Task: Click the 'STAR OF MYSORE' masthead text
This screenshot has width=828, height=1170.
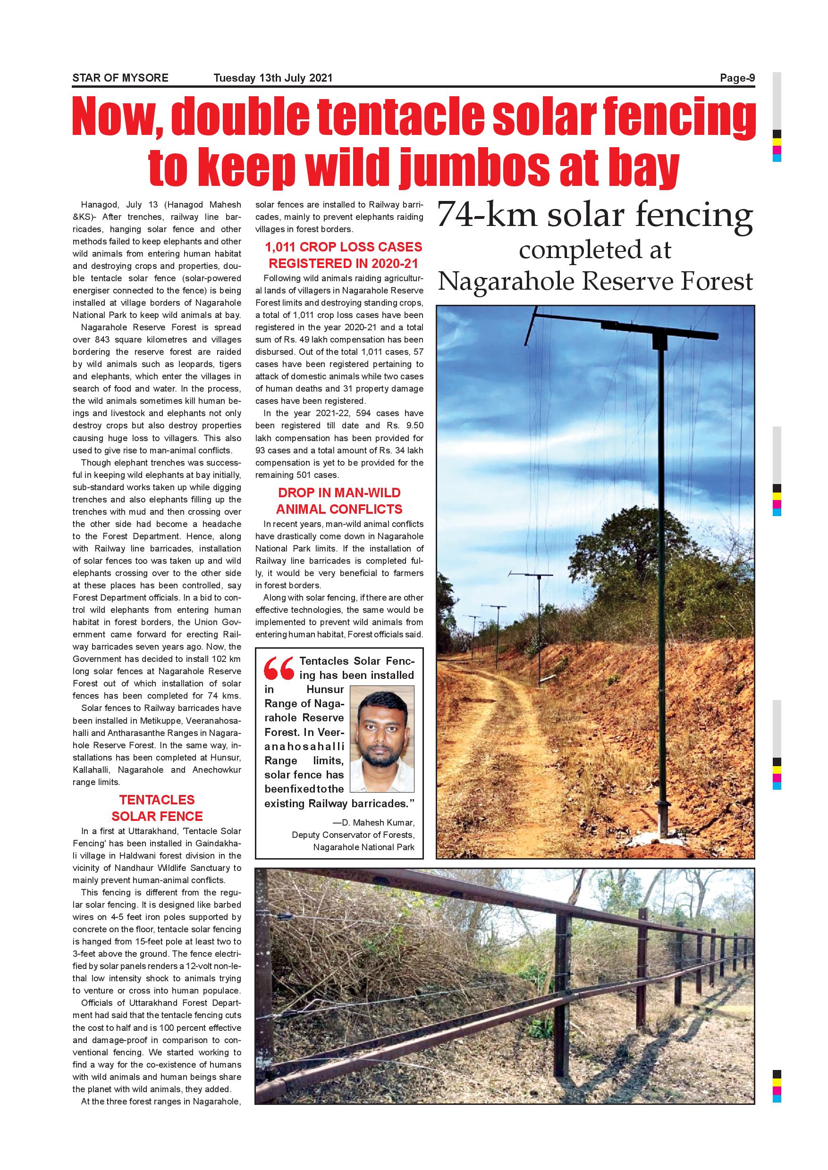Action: pyautogui.click(x=120, y=78)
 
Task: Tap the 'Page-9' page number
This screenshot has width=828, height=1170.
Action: pyautogui.click(x=737, y=78)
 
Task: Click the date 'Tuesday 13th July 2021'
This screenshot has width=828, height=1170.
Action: pyautogui.click(x=273, y=78)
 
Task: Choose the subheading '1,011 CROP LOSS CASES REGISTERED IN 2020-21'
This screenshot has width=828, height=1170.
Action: pyautogui.click(x=343, y=255)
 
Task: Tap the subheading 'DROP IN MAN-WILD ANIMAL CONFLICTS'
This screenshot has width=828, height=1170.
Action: pyautogui.click(x=339, y=501)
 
